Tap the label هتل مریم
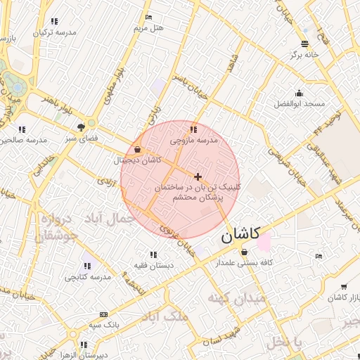(148, 28)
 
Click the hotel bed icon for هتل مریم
(148, 17)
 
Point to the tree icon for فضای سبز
(82, 127)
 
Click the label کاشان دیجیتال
(137, 160)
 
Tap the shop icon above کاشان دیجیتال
(136, 149)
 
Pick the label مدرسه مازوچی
(194, 141)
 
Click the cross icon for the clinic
(198, 176)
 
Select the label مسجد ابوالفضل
(300, 103)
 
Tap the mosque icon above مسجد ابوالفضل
(300, 93)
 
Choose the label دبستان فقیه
(153, 265)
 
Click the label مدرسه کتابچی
(88, 277)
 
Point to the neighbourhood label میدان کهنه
(237, 299)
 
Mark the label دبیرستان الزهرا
(84, 355)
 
